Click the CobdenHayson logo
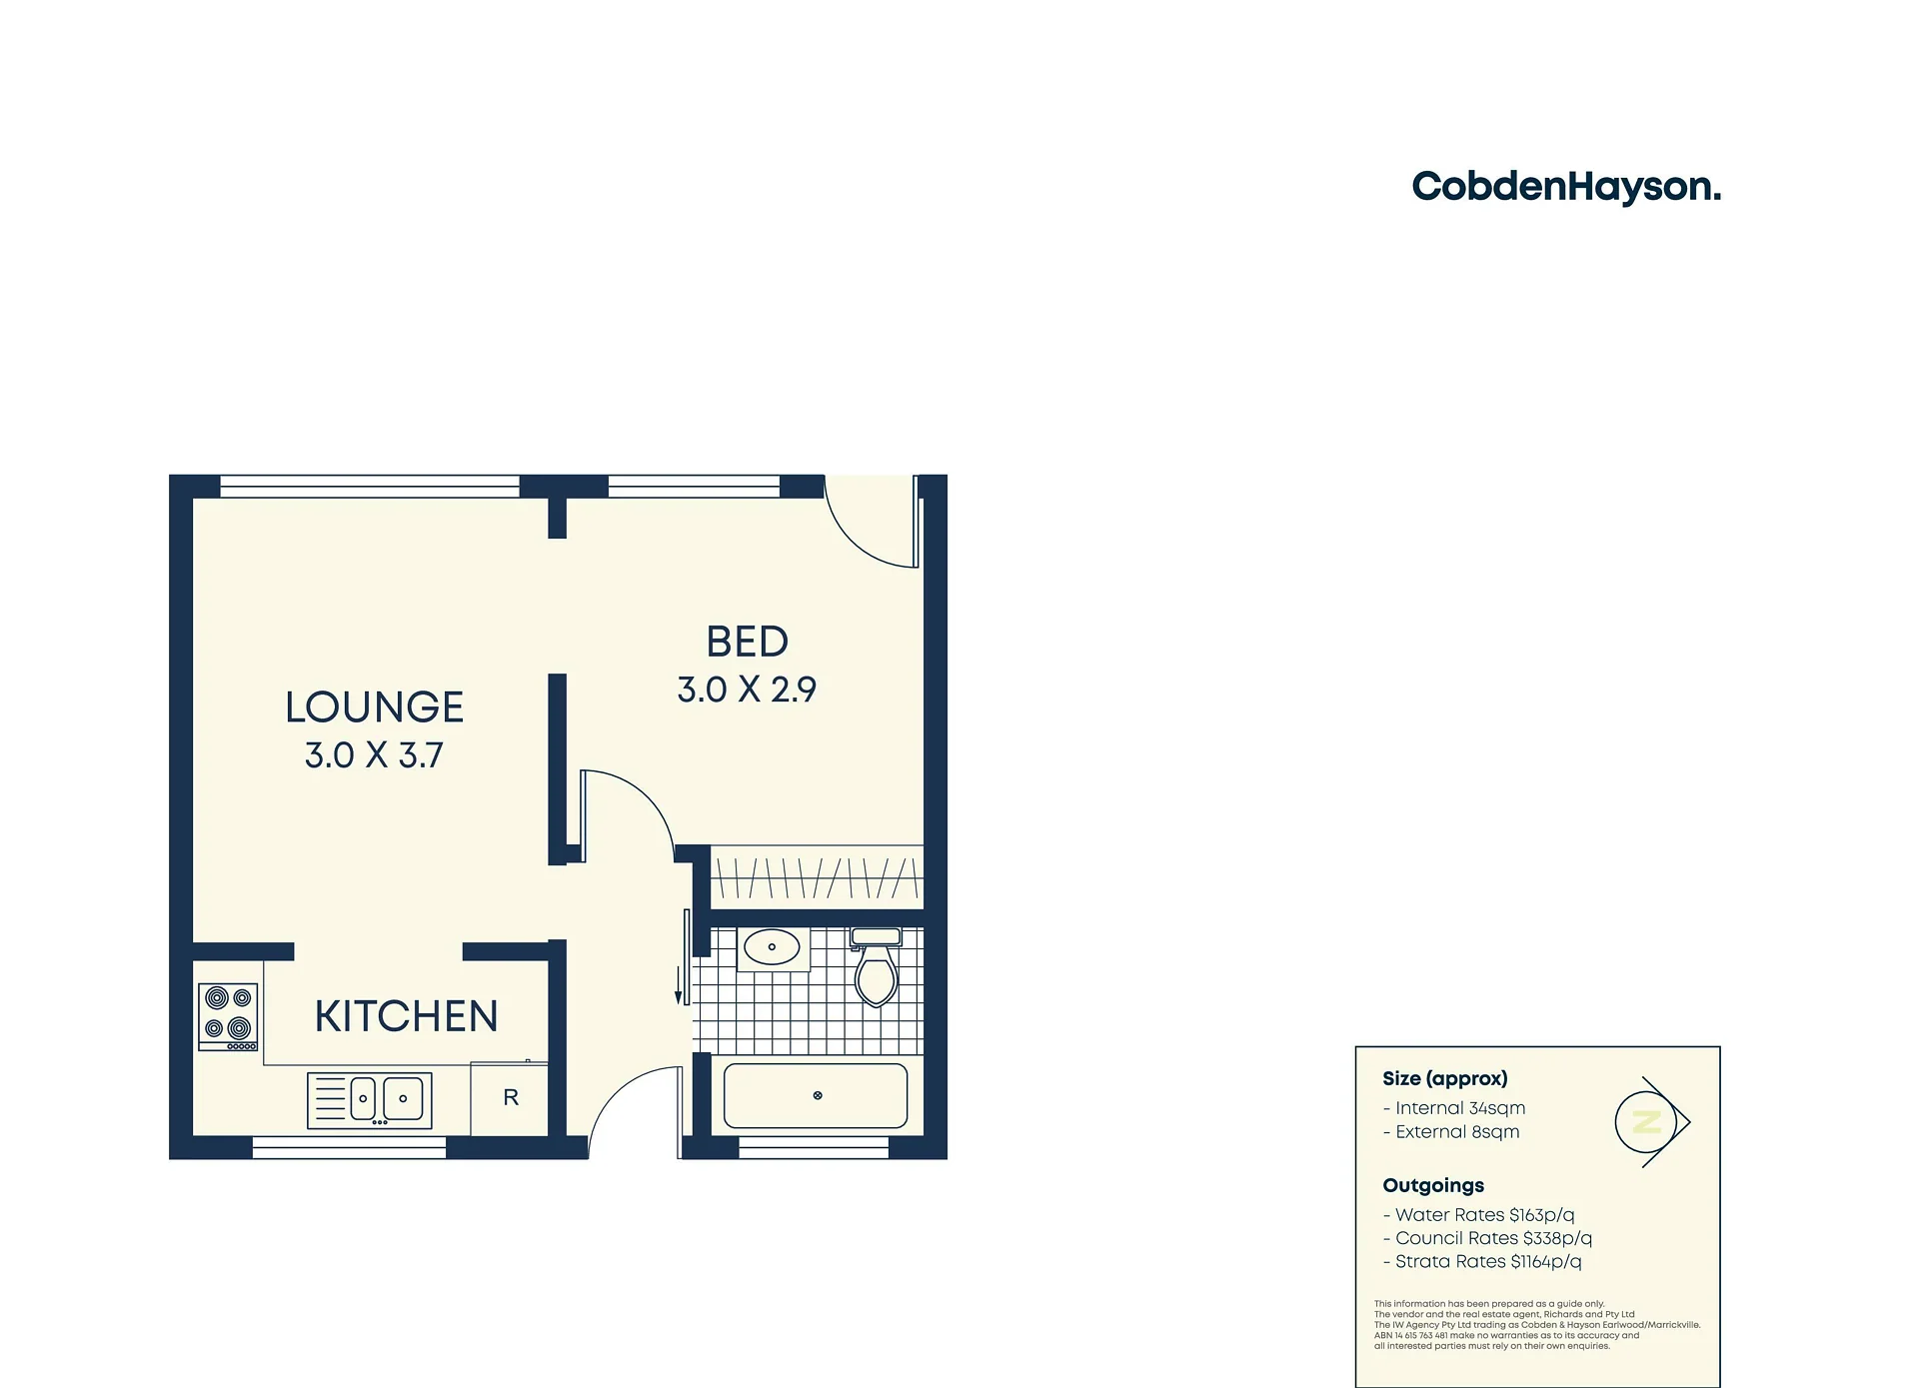(1566, 187)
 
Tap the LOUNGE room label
(375, 707)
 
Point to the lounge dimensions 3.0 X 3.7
(374, 755)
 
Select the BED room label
(748, 643)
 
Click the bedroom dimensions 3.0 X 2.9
(747, 690)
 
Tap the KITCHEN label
(406, 1017)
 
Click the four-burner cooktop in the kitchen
(229, 1016)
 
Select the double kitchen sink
(370, 1100)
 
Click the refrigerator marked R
(510, 1098)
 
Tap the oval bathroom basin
(773, 946)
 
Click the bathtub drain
(818, 1096)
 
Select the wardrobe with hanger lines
(817, 877)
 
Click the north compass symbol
(1651, 1122)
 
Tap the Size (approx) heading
(1445, 1079)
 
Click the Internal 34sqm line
(1454, 1108)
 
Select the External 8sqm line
(1451, 1132)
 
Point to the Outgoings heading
(1433, 1186)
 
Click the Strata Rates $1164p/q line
(1482, 1262)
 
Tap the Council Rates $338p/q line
(1487, 1239)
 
